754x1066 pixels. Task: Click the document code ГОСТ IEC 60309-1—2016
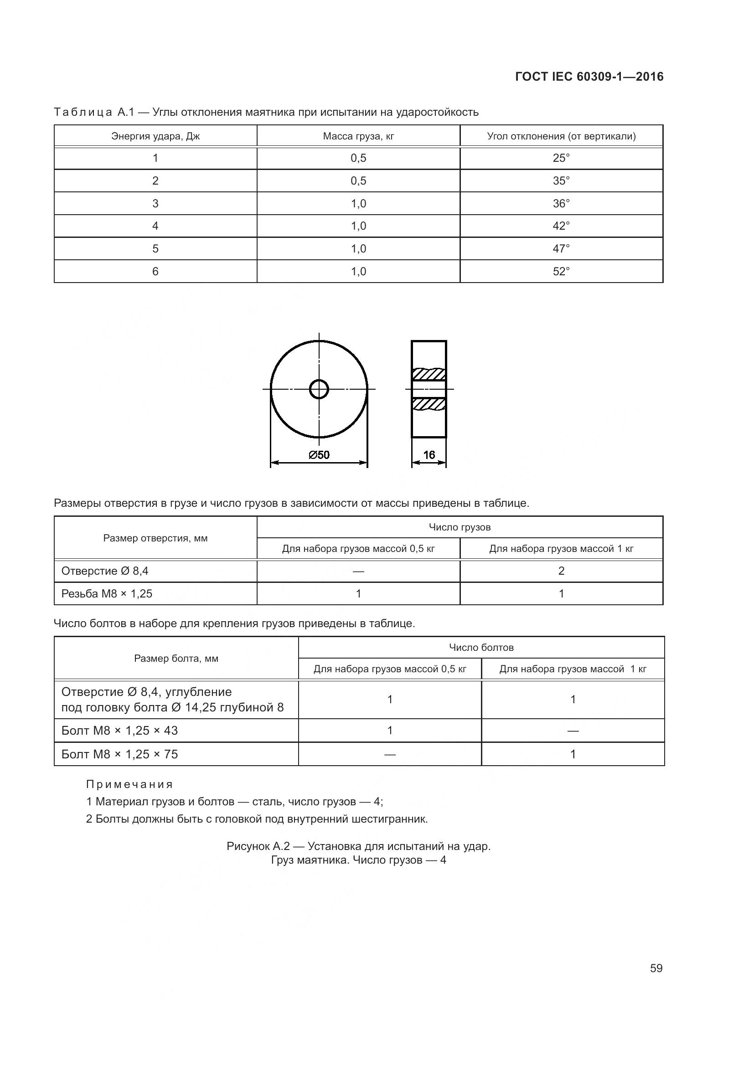click(x=589, y=77)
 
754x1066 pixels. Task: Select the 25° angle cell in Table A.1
click(x=561, y=158)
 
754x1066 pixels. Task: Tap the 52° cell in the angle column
click(x=561, y=272)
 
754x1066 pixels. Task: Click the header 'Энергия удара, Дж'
click(x=155, y=136)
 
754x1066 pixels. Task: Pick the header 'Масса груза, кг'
click(x=358, y=136)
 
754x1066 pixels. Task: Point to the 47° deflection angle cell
click(x=561, y=249)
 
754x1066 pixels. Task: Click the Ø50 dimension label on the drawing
click(x=319, y=455)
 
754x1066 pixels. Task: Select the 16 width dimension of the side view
click(x=429, y=455)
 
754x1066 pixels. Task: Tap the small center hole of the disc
click(x=319, y=389)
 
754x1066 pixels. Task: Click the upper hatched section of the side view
click(x=429, y=374)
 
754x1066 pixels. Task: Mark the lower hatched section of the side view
click(x=429, y=404)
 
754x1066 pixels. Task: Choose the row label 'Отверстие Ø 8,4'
click(x=105, y=571)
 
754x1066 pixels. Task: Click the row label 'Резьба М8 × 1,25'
click(x=107, y=594)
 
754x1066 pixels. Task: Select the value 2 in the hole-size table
click(x=561, y=571)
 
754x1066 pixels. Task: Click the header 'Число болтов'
click(x=481, y=647)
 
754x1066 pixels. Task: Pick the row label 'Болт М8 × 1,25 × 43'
click(x=119, y=731)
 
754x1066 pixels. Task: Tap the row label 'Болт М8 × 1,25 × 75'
click(x=119, y=754)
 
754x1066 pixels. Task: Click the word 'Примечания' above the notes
click(x=129, y=785)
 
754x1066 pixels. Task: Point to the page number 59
click(x=656, y=968)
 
